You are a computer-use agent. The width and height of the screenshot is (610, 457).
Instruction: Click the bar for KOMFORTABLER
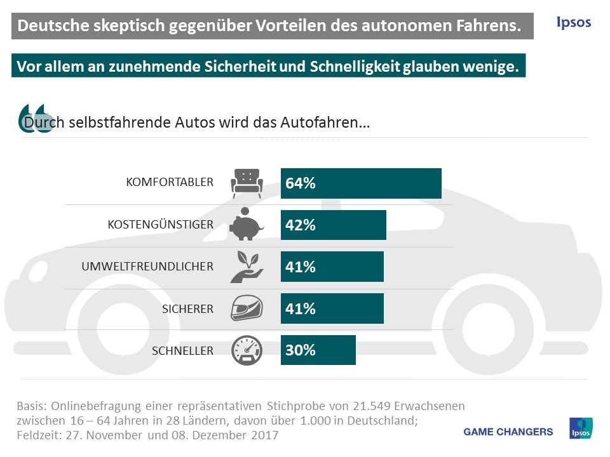click(x=361, y=183)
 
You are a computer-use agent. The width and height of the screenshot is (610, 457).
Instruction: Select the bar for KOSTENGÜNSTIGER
click(x=334, y=225)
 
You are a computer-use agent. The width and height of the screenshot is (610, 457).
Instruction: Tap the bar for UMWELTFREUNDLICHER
click(x=332, y=267)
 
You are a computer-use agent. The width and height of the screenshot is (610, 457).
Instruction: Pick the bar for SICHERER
click(x=332, y=308)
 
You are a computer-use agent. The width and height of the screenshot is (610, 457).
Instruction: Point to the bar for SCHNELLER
click(x=318, y=350)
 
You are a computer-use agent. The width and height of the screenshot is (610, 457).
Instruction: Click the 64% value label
click(x=301, y=183)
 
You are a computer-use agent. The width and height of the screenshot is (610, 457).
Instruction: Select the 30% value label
click(x=301, y=350)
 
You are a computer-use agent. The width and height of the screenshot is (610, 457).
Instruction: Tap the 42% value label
click(x=301, y=225)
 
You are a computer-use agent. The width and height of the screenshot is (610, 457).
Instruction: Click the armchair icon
click(x=246, y=182)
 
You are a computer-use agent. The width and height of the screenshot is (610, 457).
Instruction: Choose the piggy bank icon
click(x=246, y=224)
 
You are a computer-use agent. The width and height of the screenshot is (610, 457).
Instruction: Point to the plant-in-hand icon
click(x=246, y=266)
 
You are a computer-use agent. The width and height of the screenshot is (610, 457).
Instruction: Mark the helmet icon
click(x=246, y=308)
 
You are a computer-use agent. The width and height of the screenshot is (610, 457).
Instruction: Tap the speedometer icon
click(x=246, y=350)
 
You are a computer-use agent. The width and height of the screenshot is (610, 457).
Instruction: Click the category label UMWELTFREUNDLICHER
click(x=147, y=267)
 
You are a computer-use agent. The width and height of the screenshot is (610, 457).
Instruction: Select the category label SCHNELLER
click(x=182, y=350)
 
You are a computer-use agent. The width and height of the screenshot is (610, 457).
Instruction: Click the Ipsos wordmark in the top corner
click(x=573, y=23)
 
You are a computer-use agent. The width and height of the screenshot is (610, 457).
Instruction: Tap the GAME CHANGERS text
click(x=508, y=432)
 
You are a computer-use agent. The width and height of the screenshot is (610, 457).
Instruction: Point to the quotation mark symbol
click(x=32, y=117)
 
